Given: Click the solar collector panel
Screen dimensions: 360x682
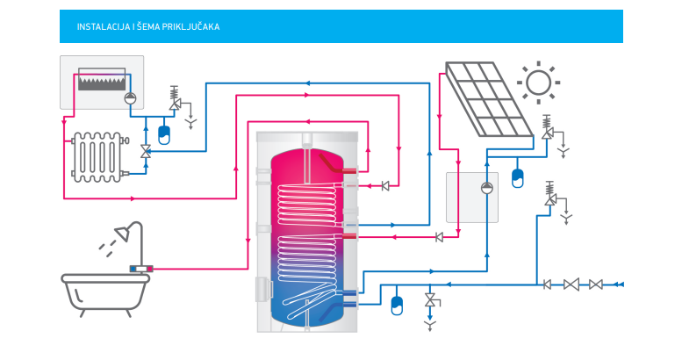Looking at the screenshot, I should point(488,99).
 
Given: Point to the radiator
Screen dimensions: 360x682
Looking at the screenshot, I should point(97,155).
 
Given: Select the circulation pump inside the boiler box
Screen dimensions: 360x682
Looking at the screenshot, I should point(130,97).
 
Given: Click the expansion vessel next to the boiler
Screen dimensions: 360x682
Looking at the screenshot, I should point(164,134).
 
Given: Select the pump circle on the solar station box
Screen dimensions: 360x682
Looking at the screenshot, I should point(487,186).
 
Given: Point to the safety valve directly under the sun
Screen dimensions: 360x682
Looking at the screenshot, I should point(548,128).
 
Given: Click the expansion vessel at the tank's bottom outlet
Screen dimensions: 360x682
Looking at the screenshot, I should point(396,304).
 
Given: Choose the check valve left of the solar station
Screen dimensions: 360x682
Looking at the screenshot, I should point(439,236).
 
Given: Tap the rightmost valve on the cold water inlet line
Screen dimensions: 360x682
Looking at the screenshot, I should point(595,284).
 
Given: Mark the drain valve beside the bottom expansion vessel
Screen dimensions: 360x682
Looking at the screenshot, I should point(430,301).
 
